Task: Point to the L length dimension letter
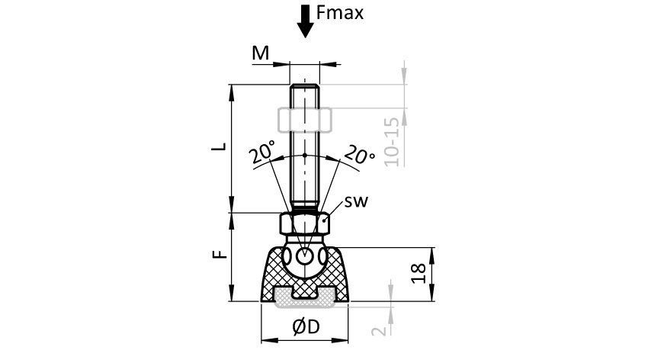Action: click(217, 147)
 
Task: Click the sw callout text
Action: click(357, 202)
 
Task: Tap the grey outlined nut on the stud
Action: click(304, 120)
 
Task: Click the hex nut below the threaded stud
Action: click(305, 224)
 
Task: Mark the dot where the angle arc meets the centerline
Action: click(305, 155)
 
